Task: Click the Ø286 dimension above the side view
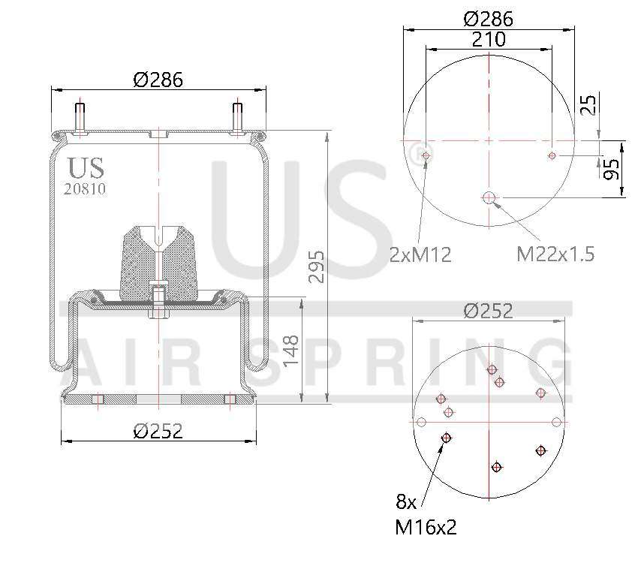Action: [x=158, y=80]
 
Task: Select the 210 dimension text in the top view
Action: [x=489, y=39]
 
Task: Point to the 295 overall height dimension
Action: [x=316, y=267]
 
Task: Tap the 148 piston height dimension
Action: [x=291, y=351]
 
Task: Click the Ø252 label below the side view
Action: [x=158, y=431]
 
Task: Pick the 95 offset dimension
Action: [x=612, y=169]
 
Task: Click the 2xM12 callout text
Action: [x=420, y=254]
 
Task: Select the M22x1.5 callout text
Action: [x=555, y=254]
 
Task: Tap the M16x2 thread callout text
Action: [x=426, y=528]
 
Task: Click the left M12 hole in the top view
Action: [x=426, y=156]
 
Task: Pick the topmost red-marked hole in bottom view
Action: [x=492, y=369]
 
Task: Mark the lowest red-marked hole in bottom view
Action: [x=496, y=468]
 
